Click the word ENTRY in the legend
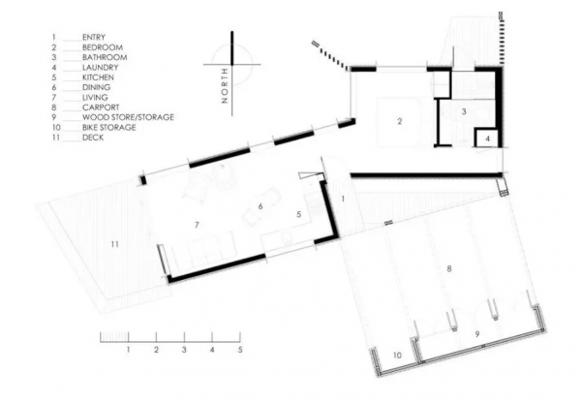click(x=94, y=37)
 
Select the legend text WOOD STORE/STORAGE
click(x=128, y=117)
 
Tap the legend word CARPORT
click(x=101, y=108)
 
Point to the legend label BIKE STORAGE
click(x=108, y=127)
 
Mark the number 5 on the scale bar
click(x=240, y=350)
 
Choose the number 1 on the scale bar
click(x=128, y=350)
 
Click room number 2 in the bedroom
click(x=399, y=121)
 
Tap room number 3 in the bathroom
click(x=464, y=111)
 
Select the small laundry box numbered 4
click(x=488, y=139)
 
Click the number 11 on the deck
click(x=115, y=244)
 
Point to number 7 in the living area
click(x=197, y=225)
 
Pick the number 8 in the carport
click(x=449, y=268)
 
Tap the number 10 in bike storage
click(x=397, y=356)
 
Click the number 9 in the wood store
click(x=477, y=334)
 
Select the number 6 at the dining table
click(x=260, y=206)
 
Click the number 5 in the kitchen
click(x=299, y=214)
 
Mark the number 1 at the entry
click(x=343, y=200)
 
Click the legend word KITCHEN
click(x=98, y=77)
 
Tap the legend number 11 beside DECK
click(x=56, y=138)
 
